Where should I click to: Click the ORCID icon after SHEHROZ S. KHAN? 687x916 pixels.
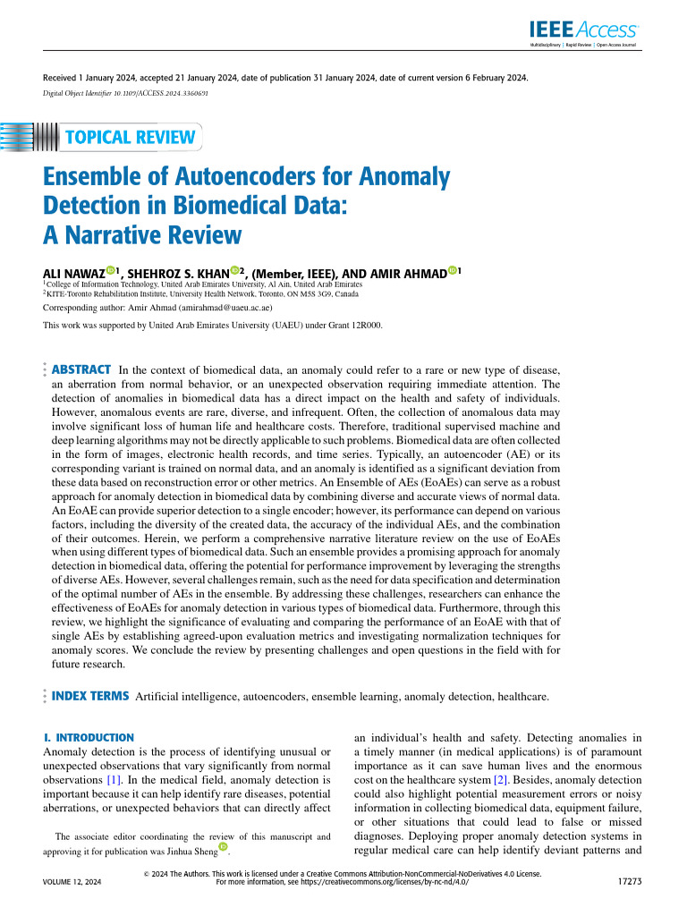click(235, 270)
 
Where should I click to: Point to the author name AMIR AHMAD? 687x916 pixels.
click(403, 271)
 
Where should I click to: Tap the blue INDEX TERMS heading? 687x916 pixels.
click(90, 695)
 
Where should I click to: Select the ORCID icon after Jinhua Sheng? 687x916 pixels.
click(223, 846)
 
